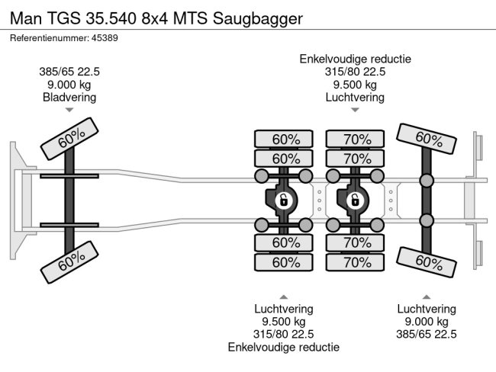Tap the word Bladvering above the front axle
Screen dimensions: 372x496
pos(69,97)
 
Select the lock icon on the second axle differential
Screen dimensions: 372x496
pos(282,200)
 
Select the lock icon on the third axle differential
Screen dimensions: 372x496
pos(355,200)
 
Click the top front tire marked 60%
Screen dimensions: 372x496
pos(71,139)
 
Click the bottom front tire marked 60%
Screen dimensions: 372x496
pos(71,262)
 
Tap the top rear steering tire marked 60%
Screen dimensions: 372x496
pos(429,139)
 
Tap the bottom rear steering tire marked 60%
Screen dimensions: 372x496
pos(429,262)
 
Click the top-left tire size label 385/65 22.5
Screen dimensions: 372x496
pos(69,72)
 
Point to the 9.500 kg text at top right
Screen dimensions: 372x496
pos(355,85)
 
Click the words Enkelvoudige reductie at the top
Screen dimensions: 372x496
pos(356,59)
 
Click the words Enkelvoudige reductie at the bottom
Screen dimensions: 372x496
pos(283,346)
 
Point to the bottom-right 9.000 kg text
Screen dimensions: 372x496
pos(427,322)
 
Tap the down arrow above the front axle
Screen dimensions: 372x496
pos(69,111)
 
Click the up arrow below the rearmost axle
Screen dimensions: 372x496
pos(427,297)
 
